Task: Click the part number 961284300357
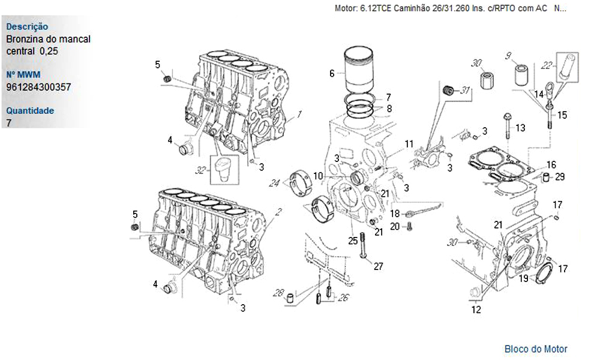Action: point(38,87)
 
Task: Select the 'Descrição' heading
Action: point(27,27)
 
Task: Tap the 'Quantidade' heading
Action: point(30,111)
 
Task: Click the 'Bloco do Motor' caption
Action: point(536,349)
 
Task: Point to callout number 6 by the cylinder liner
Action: point(332,74)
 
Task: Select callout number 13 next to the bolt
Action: point(520,128)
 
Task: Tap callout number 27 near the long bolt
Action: point(378,266)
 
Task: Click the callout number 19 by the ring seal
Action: point(523,278)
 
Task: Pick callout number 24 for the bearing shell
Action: point(275,183)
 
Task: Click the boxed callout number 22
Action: point(546,65)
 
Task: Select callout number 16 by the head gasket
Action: point(551,164)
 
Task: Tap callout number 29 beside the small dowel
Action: point(560,177)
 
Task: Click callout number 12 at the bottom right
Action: point(476,310)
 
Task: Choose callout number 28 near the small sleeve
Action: point(278,293)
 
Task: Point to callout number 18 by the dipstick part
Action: point(395,214)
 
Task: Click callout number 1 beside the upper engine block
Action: point(299,113)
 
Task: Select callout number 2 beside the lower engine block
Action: point(278,211)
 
